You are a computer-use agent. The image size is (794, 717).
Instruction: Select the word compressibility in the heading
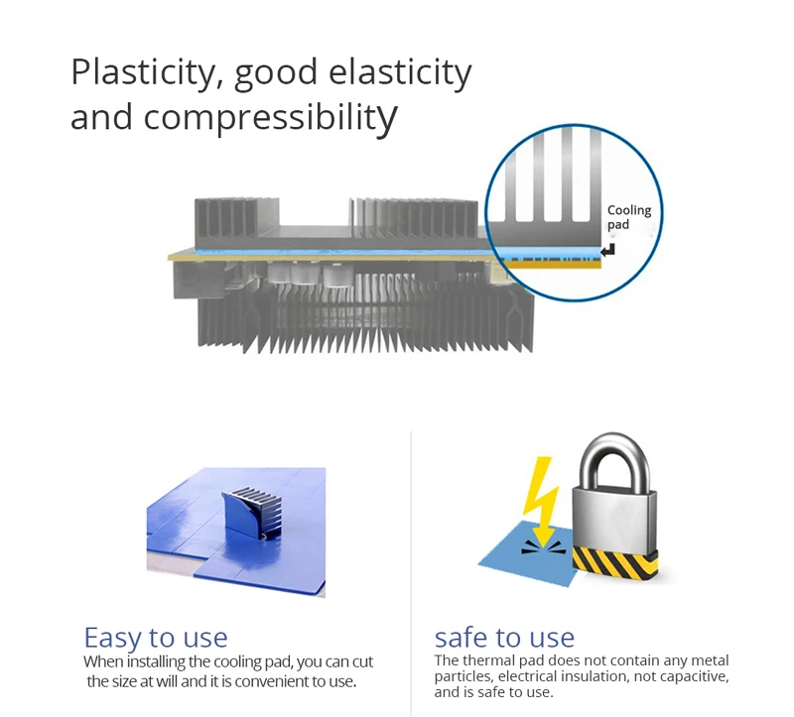[x=270, y=117]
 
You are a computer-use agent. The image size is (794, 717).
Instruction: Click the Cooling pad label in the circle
[x=628, y=217]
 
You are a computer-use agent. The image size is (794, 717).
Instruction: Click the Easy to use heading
[x=156, y=637]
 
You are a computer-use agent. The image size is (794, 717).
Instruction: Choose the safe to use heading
[x=504, y=637]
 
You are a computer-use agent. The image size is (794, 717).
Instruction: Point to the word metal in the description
[x=710, y=660]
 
